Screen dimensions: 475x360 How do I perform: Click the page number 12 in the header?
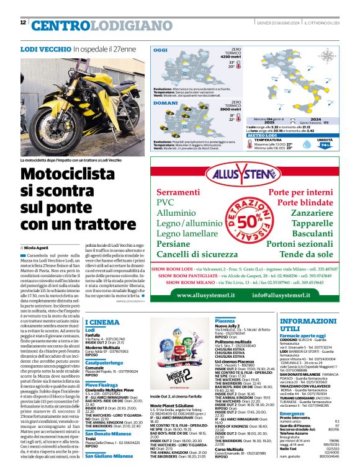[23, 23]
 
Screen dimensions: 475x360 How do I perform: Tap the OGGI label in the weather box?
[161, 50]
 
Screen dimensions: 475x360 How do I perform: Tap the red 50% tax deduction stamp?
[253, 222]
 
